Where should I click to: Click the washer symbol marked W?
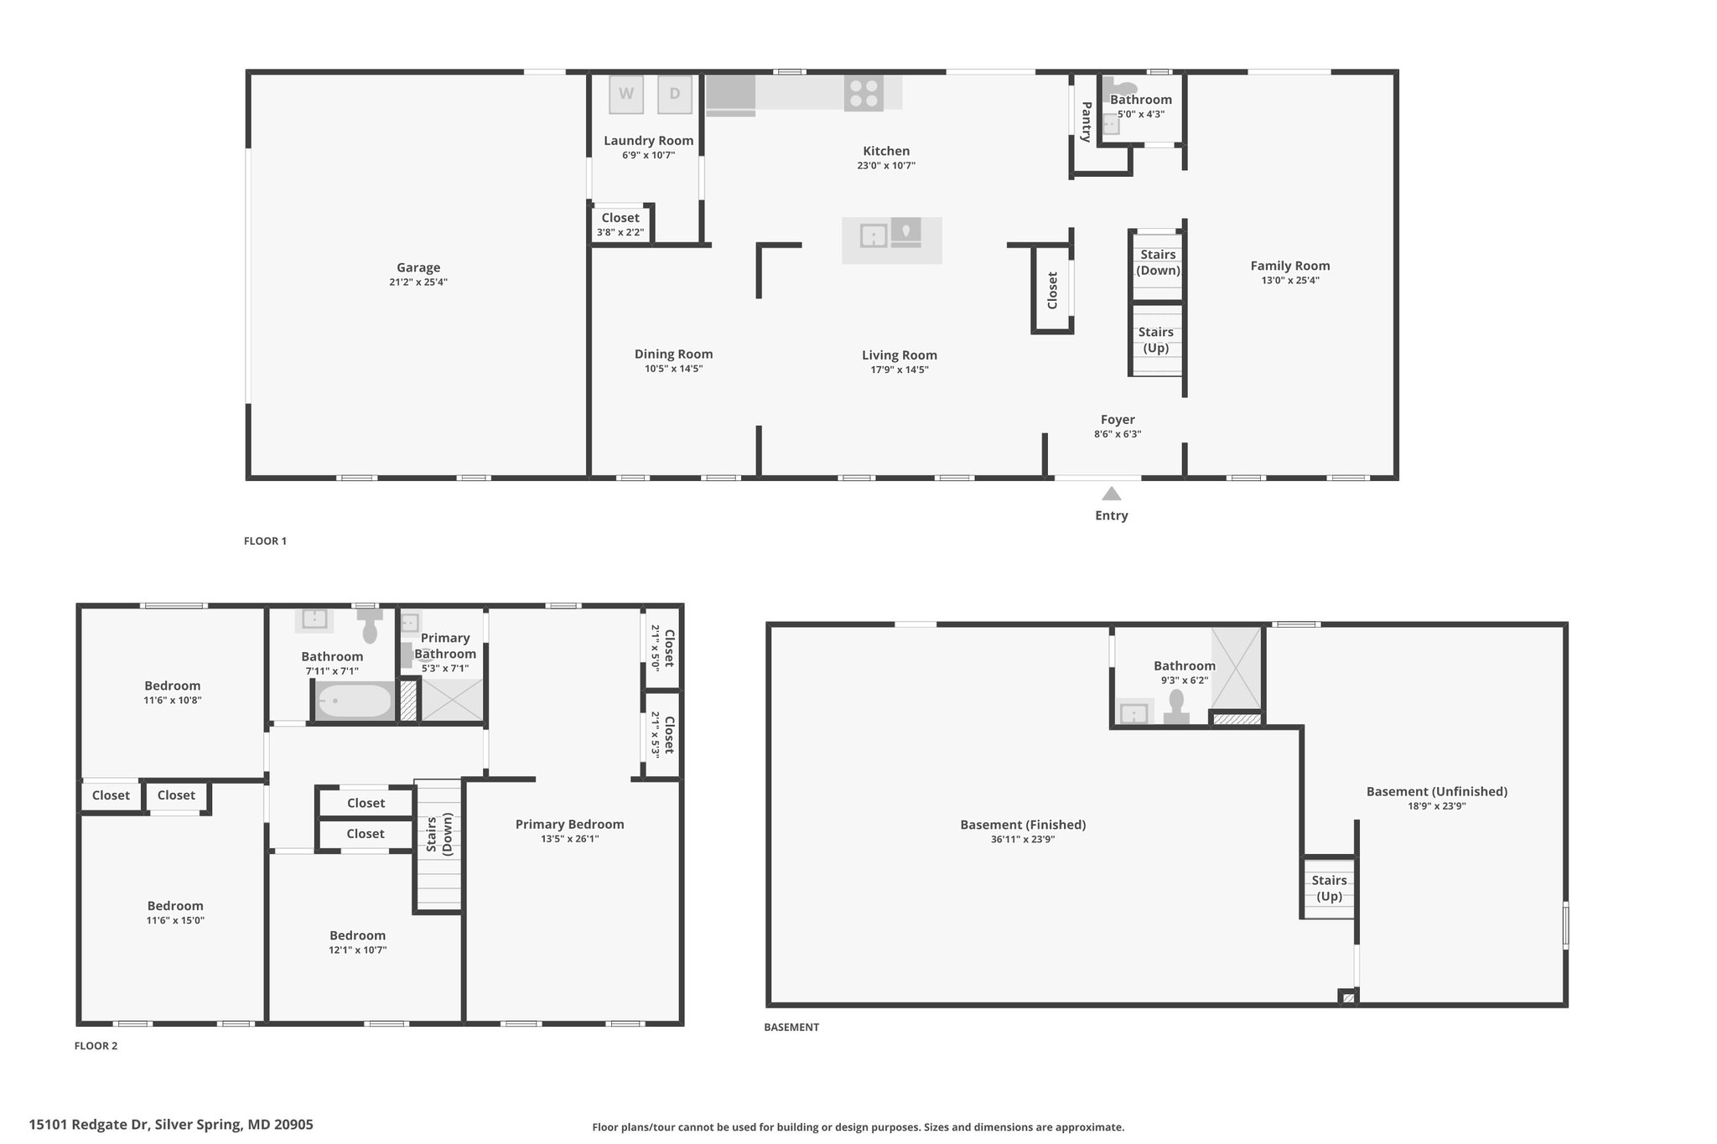pos(626,95)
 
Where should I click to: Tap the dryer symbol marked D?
pos(674,95)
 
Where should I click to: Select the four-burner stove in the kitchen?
pos(864,93)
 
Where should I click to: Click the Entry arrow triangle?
pos(1111,494)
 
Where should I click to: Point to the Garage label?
pos(418,268)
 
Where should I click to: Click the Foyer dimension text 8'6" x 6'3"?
pos(1118,434)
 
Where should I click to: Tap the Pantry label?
pos(1086,122)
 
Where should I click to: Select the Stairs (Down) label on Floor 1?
pos(1158,262)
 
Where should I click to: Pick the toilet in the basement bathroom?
pos(1176,707)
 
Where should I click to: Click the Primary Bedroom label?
pos(569,824)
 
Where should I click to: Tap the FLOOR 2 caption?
pos(96,1046)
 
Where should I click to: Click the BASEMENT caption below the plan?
pos(791,1027)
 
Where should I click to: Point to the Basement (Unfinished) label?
pos(1436,791)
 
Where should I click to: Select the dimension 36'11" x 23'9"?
pos(1022,839)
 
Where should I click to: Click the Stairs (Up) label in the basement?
pos(1329,888)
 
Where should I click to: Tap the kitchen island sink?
pos(874,236)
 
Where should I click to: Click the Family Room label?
pos(1289,266)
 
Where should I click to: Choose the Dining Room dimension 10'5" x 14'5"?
pos(673,369)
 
